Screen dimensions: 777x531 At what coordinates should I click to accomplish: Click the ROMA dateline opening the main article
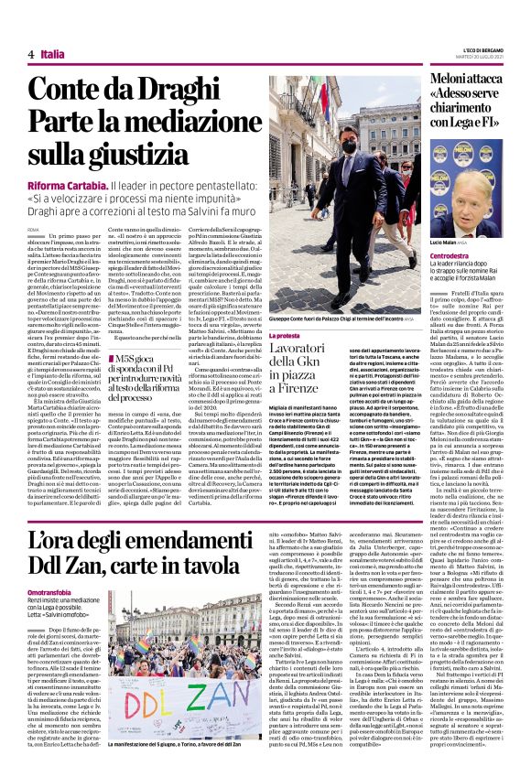pyautogui.click(x=34, y=228)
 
